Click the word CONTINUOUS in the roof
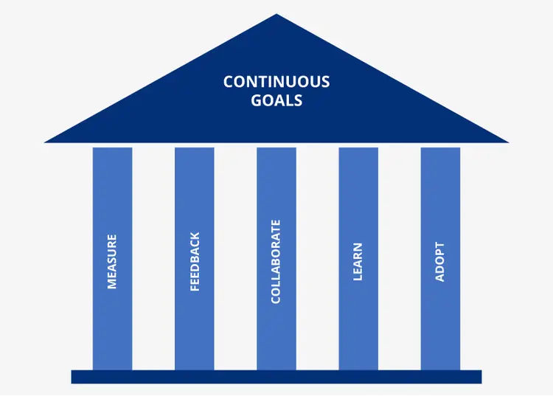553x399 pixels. tap(276, 81)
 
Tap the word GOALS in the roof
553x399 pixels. tap(276, 100)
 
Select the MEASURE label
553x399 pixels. tap(112, 262)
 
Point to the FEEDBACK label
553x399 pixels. tap(195, 261)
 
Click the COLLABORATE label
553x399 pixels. tap(276, 261)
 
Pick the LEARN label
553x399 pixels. tap(358, 262)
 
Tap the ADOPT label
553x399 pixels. tap(439, 262)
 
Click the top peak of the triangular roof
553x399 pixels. tap(276, 14)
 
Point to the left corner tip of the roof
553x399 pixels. tap(44, 142)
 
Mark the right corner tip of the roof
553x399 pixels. tap(509, 142)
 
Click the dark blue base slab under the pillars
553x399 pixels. tap(276, 377)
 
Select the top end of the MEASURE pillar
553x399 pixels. tap(113, 148)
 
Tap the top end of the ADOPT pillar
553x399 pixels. tap(440, 148)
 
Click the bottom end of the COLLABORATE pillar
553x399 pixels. tap(276, 369)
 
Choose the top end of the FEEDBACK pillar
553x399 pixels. tap(195, 148)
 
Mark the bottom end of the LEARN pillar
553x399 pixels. tap(358, 369)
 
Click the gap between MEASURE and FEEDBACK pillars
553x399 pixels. tap(153, 259)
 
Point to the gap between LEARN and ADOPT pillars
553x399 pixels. tap(399, 259)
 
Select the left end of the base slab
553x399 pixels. tap(72, 377)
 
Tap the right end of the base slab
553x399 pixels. tap(481, 377)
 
